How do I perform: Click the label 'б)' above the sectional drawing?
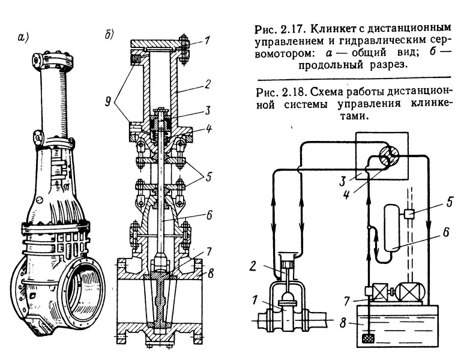point(110,35)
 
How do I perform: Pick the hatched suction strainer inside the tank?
point(367,339)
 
